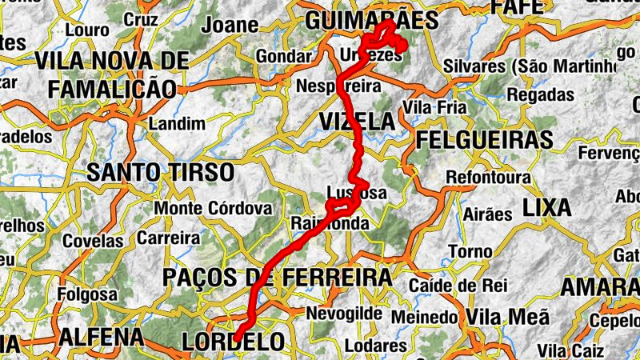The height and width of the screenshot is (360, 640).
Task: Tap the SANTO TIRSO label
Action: pyautogui.click(x=160, y=172)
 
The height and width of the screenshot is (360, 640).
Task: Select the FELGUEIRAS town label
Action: pyautogui.click(x=484, y=140)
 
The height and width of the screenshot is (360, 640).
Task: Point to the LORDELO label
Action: pyautogui.click(x=233, y=342)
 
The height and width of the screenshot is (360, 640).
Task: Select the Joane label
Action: pyautogui.click(x=230, y=25)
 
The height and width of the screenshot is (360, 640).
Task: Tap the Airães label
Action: pyautogui.click(x=487, y=214)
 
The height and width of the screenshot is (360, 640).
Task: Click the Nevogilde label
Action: pyautogui.click(x=344, y=313)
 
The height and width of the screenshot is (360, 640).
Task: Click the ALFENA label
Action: pyautogui.click(x=101, y=337)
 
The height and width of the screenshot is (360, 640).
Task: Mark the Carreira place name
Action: pyautogui.click(x=168, y=238)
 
